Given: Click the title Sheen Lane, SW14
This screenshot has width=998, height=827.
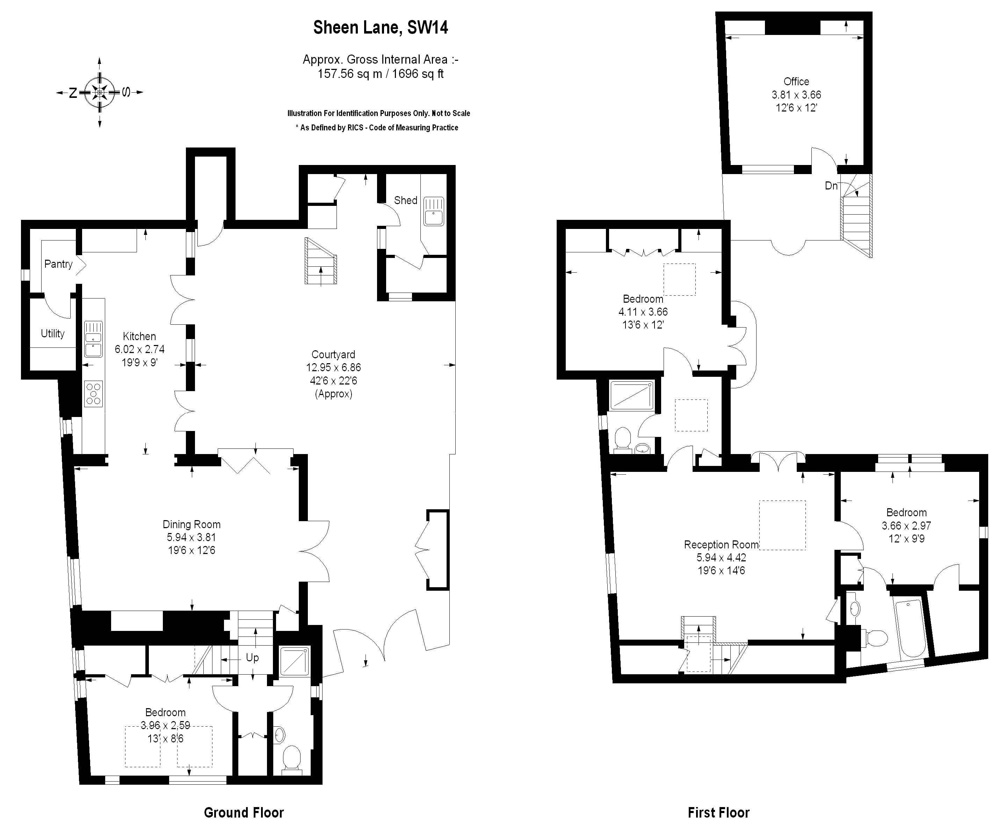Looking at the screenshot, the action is [380, 28].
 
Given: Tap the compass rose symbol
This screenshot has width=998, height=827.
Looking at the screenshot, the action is [99, 92].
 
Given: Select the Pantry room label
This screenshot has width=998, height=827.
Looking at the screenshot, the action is [58, 264].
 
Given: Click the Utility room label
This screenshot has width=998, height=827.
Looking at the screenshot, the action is [52, 334].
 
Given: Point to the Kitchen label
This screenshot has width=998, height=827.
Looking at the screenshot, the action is [139, 337].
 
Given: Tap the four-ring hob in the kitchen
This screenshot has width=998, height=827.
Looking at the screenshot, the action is [93, 394].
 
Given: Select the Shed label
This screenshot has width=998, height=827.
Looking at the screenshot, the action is [405, 201].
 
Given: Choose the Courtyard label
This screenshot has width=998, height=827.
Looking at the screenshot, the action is [333, 354].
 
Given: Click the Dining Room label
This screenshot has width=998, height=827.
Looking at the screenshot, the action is [191, 525].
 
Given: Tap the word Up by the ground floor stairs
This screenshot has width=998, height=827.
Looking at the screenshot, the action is [252, 658].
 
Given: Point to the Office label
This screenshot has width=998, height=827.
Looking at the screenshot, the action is [796, 82].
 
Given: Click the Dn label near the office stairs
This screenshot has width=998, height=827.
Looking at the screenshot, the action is [831, 186].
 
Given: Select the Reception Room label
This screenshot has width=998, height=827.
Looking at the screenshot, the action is [721, 545].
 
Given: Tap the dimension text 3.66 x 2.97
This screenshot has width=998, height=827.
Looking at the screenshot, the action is [906, 526].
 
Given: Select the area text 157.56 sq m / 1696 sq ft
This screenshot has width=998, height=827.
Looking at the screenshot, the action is [380, 74].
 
